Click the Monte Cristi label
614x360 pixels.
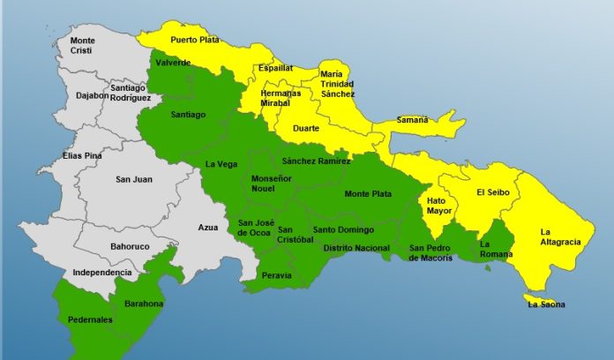[x=83, y=45]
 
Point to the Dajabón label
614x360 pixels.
[x=92, y=94]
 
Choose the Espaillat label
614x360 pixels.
[x=275, y=67]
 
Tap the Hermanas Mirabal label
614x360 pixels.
[x=280, y=98]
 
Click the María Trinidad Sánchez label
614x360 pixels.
[x=337, y=84]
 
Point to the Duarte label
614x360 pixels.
[x=305, y=127]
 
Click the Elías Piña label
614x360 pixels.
[x=82, y=156]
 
